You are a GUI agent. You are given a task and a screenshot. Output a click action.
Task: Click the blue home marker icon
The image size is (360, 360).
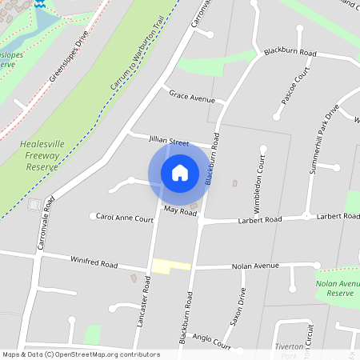click(180, 172)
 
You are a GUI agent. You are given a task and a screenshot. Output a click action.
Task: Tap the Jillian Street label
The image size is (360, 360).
click(168, 141)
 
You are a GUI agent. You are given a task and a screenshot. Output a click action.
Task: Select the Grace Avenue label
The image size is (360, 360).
click(192, 98)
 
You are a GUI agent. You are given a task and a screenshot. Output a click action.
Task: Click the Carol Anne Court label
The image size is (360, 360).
click(124, 218)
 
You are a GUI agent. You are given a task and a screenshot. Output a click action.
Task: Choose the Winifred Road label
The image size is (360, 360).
click(94, 263)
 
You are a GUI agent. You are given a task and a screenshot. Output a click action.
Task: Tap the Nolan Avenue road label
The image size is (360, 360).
click(255, 266)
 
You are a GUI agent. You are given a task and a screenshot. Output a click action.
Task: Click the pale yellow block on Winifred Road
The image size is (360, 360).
click(171, 265)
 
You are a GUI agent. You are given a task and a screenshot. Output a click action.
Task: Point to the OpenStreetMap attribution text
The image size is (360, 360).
click(81, 354)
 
